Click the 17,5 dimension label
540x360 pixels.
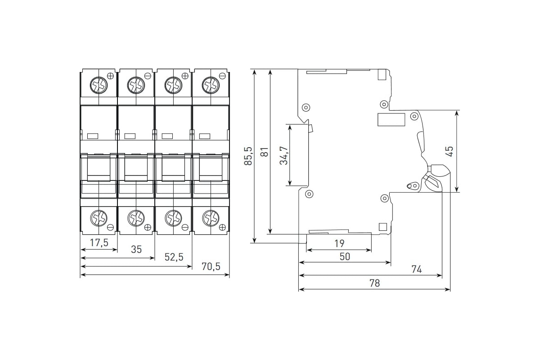tap(99, 243)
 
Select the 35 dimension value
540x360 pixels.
tap(136, 249)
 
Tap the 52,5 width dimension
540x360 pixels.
tap(175, 257)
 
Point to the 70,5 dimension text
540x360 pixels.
tap(211, 266)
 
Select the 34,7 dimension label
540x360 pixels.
tap(283, 155)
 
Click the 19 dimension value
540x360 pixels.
tap(339, 243)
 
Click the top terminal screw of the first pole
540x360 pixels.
tap(98, 84)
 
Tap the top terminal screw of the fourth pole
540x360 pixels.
tap(210, 84)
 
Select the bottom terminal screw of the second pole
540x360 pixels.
tap(135, 219)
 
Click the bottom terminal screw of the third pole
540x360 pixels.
tap(173, 219)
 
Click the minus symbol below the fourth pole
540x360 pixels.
tap(222, 228)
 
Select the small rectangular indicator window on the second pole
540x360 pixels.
tap(130, 136)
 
